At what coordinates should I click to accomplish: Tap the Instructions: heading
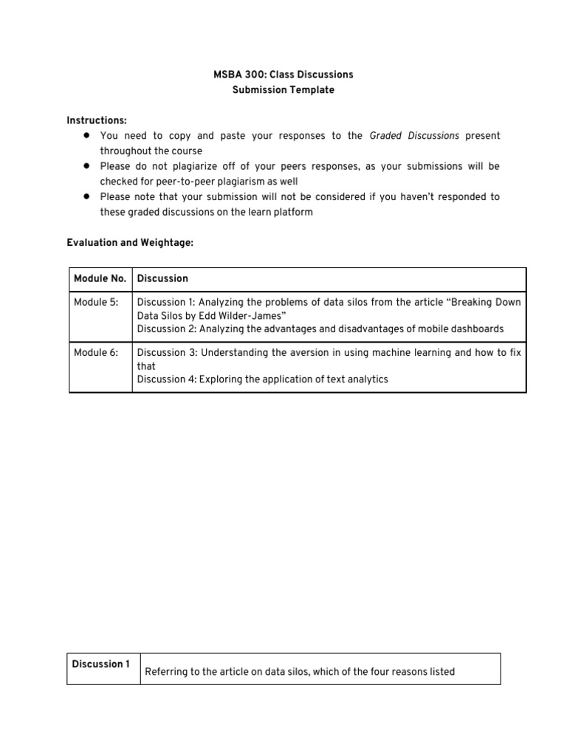click(x=97, y=120)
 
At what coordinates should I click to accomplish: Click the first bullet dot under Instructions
click(x=86, y=135)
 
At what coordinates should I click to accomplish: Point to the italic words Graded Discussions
click(x=413, y=136)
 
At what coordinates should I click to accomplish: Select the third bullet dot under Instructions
click(x=86, y=196)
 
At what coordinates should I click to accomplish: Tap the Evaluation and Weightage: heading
click(x=130, y=243)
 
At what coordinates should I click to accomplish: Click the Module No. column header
click(x=100, y=279)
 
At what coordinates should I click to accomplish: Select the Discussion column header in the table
click(x=162, y=279)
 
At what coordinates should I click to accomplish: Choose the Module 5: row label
click(x=96, y=302)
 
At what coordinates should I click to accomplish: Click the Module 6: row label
click(x=96, y=353)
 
